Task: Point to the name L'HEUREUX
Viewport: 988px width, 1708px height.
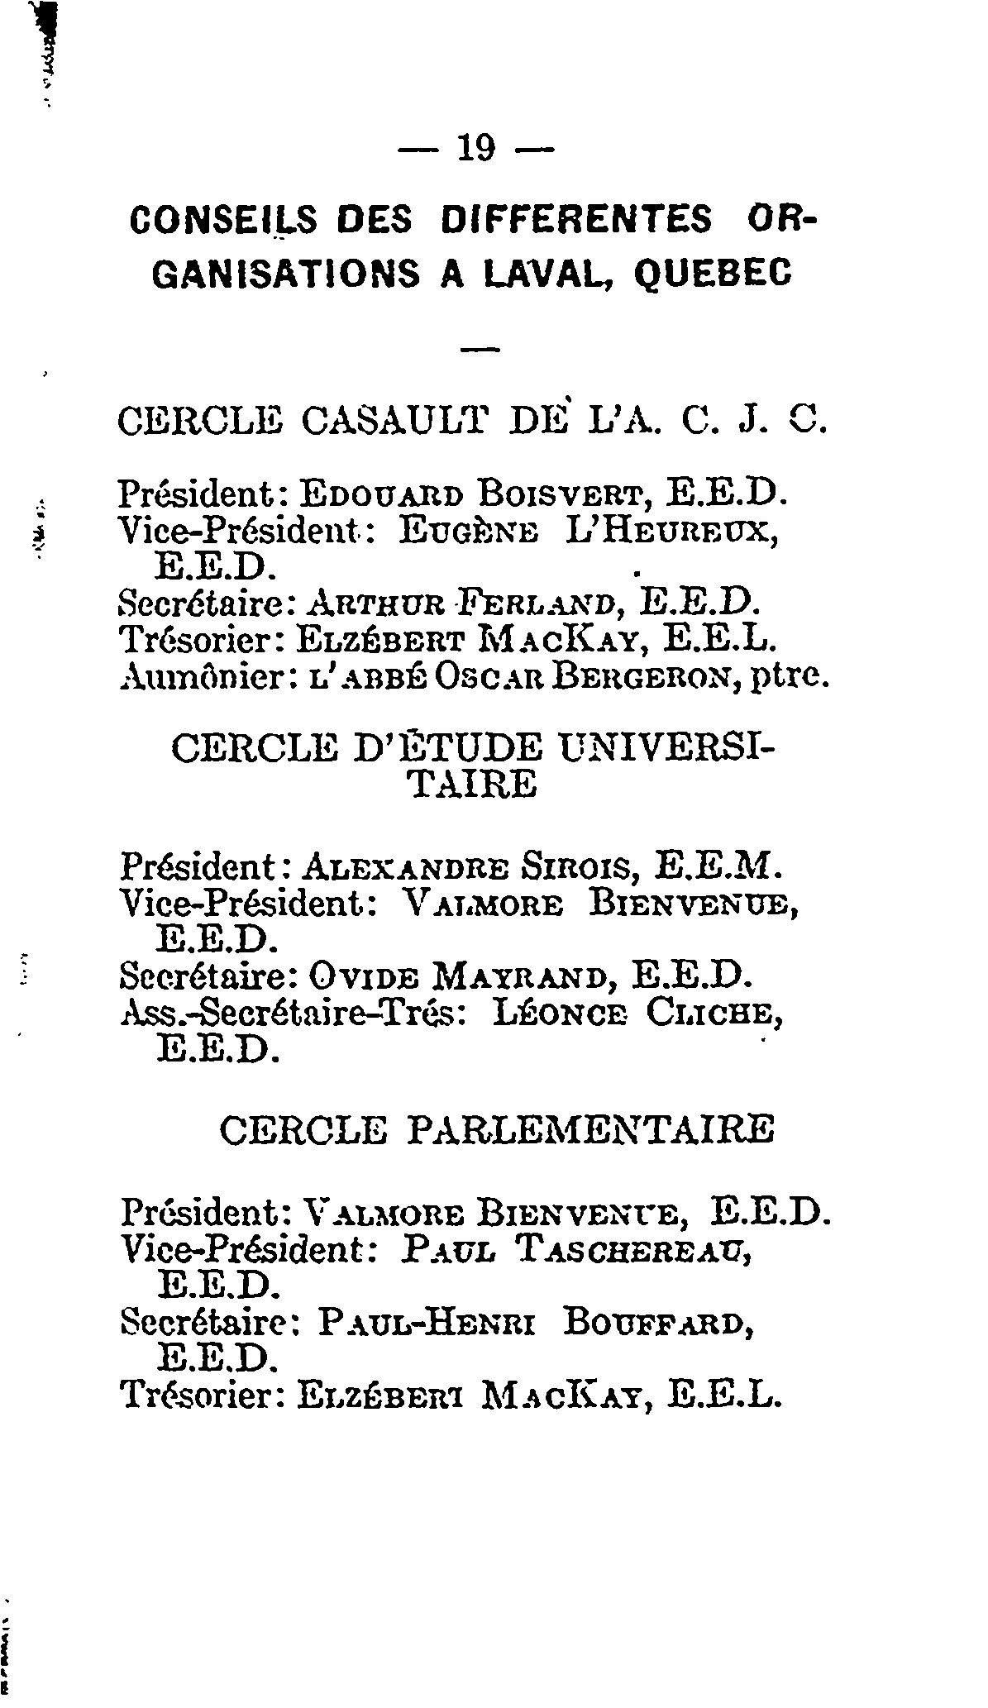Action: coord(671,530)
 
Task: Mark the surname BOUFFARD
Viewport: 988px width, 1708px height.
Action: coord(656,1324)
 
